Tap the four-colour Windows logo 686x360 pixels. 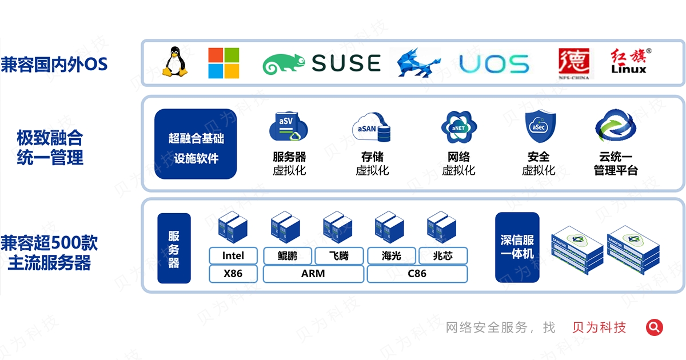(224, 63)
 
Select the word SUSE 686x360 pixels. (346, 63)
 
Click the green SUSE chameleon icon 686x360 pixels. (284, 64)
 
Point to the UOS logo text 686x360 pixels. (494, 64)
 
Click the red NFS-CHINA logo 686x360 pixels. (576, 63)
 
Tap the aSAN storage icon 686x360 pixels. (373, 128)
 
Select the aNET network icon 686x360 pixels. (458, 127)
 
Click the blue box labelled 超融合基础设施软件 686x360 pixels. (196, 145)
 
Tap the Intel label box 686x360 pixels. (233, 255)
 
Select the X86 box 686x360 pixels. (233, 274)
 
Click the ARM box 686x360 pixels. (313, 274)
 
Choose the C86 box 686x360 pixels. (417, 274)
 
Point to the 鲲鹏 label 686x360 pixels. (288, 255)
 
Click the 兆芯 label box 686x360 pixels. (443, 255)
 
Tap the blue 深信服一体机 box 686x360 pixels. (517, 247)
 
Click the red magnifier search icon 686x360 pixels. (655, 327)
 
